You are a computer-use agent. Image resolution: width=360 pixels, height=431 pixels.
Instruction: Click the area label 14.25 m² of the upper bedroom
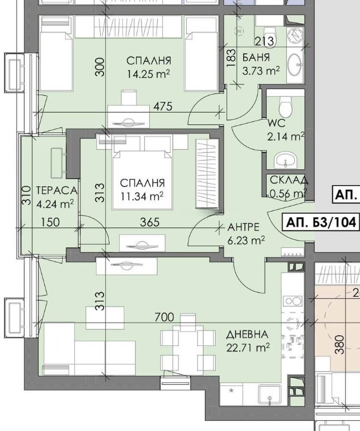[149, 74]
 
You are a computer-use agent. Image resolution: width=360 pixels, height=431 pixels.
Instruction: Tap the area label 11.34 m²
[142, 195]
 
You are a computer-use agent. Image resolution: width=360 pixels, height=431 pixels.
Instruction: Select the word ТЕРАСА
[56, 190]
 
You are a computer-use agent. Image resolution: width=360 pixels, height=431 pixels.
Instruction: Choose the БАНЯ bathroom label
[256, 58]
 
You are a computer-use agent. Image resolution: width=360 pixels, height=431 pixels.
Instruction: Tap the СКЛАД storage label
[288, 180]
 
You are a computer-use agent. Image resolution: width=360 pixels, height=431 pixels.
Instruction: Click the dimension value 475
[162, 107]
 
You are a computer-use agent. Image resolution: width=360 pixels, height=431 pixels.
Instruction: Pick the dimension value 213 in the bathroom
[264, 41]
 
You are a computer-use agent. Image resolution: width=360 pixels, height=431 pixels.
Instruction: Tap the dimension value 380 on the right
[340, 344]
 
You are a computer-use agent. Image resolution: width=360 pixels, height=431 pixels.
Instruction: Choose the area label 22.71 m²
[247, 347]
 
